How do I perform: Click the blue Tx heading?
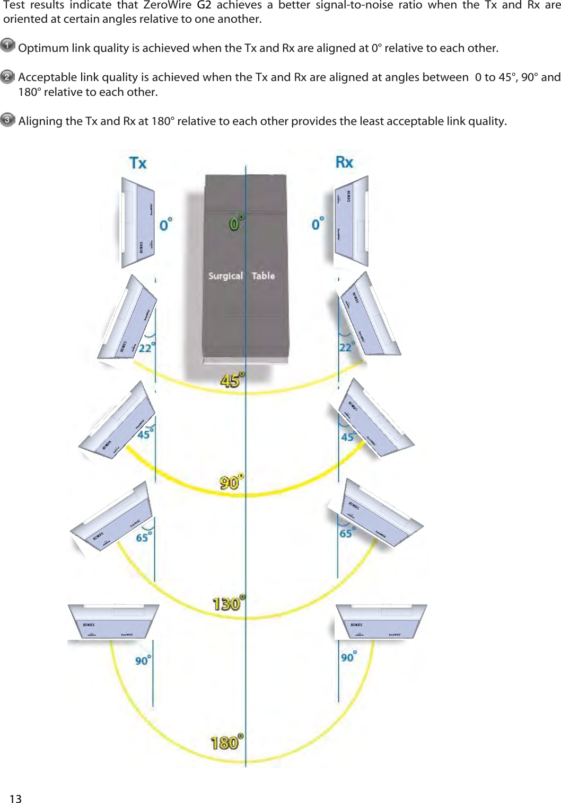(138, 163)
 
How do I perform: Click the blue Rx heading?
(344, 162)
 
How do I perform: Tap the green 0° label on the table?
(236, 223)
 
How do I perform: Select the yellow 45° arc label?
(232, 380)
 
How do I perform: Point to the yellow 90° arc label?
(231, 482)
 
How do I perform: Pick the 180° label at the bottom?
(227, 742)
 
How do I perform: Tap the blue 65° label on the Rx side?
(347, 533)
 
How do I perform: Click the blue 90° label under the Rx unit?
(348, 657)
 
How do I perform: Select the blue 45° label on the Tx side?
(145, 434)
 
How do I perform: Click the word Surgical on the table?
(225, 276)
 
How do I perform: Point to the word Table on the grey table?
(263, 276)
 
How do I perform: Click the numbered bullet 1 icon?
(7, 46)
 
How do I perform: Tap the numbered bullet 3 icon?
(7, 119)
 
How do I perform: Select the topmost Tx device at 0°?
(138, 222)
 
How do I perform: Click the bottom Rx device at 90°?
(380, 622)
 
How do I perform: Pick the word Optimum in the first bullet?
(43, 48)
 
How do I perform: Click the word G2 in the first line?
(204, 5)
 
